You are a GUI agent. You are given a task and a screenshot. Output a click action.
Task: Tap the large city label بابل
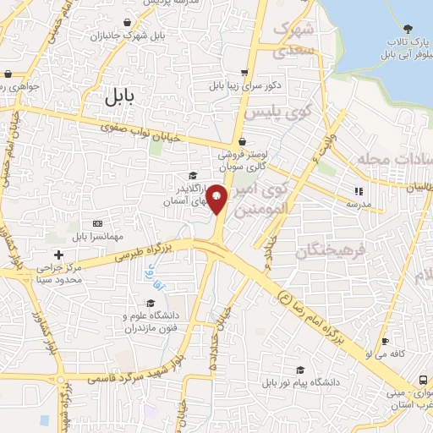click(x=119, y=96)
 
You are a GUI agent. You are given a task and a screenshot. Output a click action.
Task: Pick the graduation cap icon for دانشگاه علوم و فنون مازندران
click(x=151, y=304)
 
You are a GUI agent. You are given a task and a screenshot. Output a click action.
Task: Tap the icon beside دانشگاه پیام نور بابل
click(x=300, y=370)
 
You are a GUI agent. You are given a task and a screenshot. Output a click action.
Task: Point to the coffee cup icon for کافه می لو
click(x=386, y=342)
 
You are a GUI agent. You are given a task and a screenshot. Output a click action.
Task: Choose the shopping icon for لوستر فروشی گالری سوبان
click(x=244, y=141)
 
